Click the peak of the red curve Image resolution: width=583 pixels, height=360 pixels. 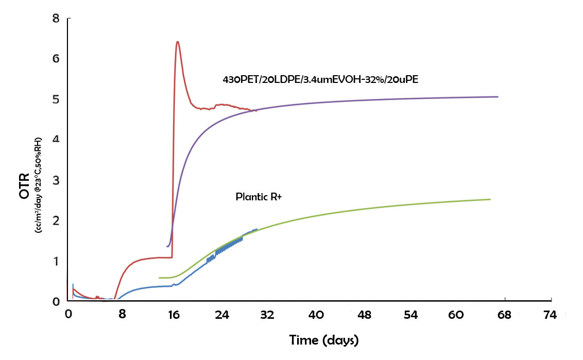coord(177,42)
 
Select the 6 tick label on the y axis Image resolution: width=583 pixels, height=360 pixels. coord(56,59)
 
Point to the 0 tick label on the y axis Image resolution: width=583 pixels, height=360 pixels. coord(56,301)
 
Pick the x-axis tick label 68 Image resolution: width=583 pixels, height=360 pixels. coord(504,315)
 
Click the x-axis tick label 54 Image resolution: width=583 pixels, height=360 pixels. coord(410,315)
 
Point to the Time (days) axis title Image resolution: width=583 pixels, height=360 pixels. coord(323,340)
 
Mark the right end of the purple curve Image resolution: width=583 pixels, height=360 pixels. coord(498,97)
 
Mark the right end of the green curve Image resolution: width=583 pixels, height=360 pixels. coord(490,199)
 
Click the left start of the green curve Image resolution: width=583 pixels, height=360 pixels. coord(159,278)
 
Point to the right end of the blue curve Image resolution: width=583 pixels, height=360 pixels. coord(257,229)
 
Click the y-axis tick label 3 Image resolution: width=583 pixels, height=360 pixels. coord(56,180)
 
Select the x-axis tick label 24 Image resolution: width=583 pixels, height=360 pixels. coord(222,315)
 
